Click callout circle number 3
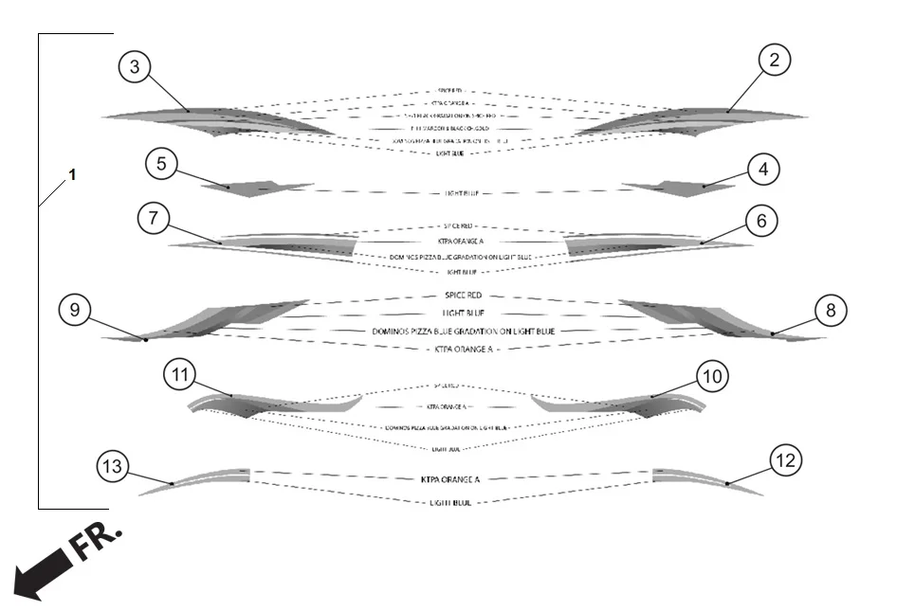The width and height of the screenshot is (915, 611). pyautogui.click(x=136, y=66)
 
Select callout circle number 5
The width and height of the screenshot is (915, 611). pyautogui.click(x=162, y=163)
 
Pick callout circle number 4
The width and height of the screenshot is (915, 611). pyautogui.click(x=763, y=170)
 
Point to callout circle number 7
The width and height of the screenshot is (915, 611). pyautogui.click(x=154, y=219)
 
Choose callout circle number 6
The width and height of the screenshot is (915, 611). pyautogui.click(x=760, y=222)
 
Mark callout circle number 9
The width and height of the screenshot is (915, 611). pyautogui.click(x=75, y=310)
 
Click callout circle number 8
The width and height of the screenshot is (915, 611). pyautogui.click(x=831, y=310)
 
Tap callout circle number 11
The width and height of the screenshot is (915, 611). pyautogui.click(x=181, y=375)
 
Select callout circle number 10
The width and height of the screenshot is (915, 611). pyautogui.click(x=713, y=376)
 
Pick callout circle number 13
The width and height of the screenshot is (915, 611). pyautogui.click(x=113, y=466)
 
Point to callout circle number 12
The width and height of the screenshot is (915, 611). pyautogui.click(x=787, y=461)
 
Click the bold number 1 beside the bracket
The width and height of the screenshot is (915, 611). pyautogui.click(x=73, y=175)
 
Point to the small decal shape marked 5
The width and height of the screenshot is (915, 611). pyautogui.click(x=254, y=187)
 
